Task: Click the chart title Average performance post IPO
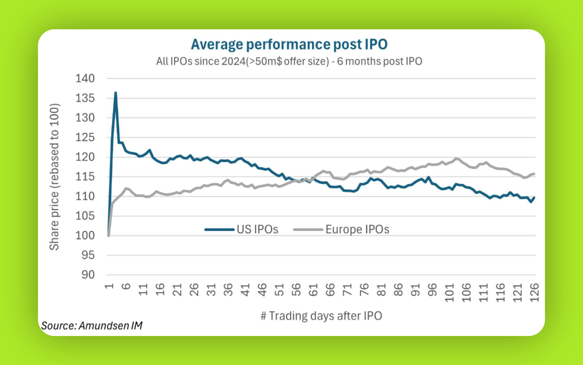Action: click(289, 44)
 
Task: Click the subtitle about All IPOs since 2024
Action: click(289, 61)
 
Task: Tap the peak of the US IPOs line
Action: click(116, 92)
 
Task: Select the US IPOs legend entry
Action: click(242, 229)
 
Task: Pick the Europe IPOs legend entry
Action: click(341, 229)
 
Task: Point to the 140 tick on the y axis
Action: click(85, 78)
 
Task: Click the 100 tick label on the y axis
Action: click(85, 235)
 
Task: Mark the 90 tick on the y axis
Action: click(88, 275)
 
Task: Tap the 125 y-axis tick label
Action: click(85, 137)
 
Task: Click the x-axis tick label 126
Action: click(534, 293)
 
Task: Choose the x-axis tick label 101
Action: click(449, 293)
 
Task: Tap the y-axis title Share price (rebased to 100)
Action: click(54, 177)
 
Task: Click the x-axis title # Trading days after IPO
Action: click(321, 316)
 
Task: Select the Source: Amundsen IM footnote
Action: click(92, 326)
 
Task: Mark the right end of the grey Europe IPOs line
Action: click(534, 174)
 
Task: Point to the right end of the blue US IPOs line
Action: click(534, 198)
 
